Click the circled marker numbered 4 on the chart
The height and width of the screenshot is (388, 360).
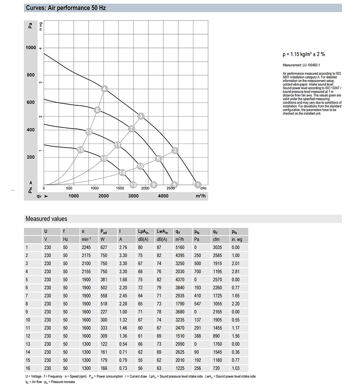tap(104, 89)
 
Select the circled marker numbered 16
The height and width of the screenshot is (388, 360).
tap(80, 150)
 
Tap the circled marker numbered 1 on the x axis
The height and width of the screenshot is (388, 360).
tap(197, 185)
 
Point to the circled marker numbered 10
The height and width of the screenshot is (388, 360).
tap(140, 166)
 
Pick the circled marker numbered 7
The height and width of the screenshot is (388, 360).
tap(131, 128)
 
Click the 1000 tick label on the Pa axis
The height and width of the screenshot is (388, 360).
tap(31, 48)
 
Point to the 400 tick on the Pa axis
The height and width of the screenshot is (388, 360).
tap(31, 130)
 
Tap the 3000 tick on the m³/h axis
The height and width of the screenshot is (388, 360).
tap(133, 196)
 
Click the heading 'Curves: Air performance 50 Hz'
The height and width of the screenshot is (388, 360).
tap(66, 8)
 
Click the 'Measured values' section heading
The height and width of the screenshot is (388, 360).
tap(46, 219)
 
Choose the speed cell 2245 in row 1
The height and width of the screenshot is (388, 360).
tap(86, 247)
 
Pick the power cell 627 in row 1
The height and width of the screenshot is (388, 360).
tap(104, 247)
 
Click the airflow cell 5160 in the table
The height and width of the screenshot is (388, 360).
tap(179, 247)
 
